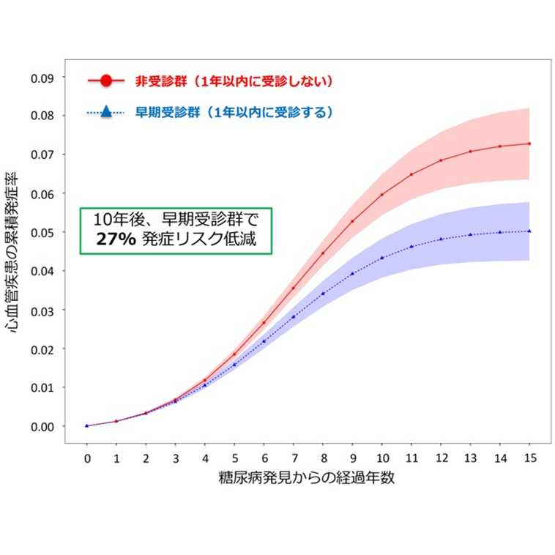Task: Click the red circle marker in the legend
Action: click(106, 81)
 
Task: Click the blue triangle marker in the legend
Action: click(105, 113)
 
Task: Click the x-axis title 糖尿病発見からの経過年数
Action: click(308, 479)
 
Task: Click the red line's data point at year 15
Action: click(529, 144)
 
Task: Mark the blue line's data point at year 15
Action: click(529, 231)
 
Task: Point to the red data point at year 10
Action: click(381, 194)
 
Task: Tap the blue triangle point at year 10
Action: click(381, 258)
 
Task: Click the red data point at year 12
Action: click(441, 160)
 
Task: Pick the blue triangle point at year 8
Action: click(323, 294)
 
